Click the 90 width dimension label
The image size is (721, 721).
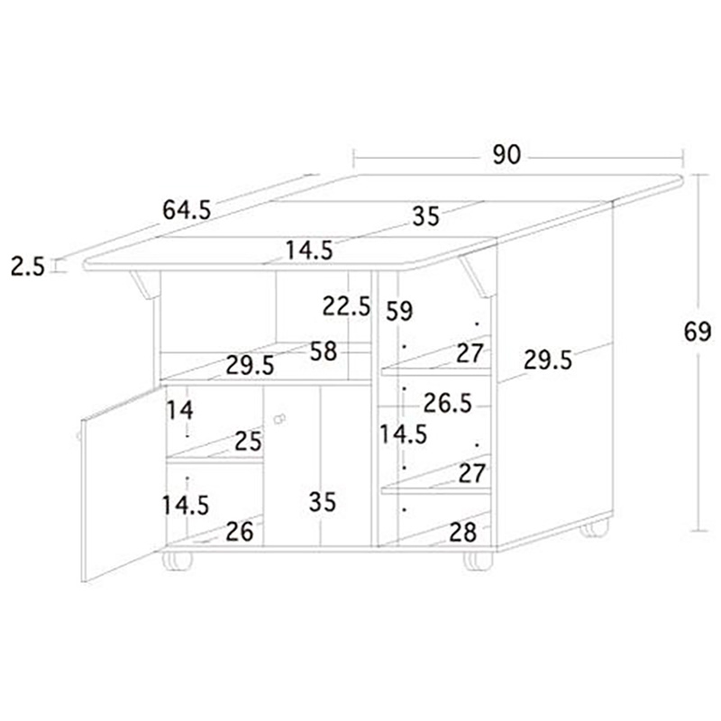507,154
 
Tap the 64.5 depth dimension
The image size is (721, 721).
187,210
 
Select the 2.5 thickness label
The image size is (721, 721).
28,267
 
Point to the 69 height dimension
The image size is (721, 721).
698,331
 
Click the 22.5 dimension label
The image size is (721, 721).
346,306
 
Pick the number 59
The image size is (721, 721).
399,311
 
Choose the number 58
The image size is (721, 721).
324,351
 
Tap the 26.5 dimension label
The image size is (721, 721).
447,403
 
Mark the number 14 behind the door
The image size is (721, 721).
179,410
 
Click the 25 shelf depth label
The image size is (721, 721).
249,442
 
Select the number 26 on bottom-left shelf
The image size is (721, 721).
240,532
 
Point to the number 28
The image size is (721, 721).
463,533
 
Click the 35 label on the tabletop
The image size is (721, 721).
426,216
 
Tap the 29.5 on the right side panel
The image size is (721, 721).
548,360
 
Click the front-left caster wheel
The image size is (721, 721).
177,561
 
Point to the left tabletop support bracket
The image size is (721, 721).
145,285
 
